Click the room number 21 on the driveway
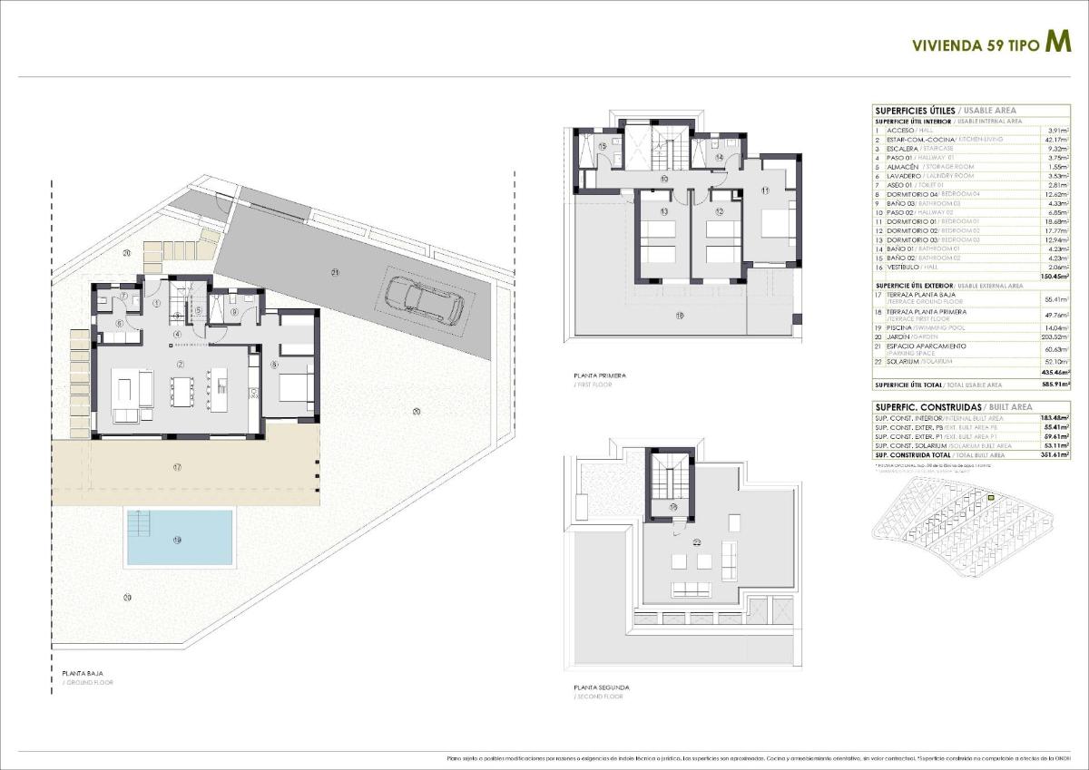pyautogui.click(x=335, y=272)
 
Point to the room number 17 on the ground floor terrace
pyautogui.click(x=177, y=466)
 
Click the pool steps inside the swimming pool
pyautogui.click(x=141, y=523)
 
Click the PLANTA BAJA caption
pyautogui.click(x=83, y=673)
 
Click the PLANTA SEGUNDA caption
pyautogui.click(x=600, y=687)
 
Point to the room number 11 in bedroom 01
pyautogui.click(x=765, y=190)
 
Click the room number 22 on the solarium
pyautogui.click(x=697, y=542)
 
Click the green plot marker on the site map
pyautogui.click(x=991, y=498)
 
